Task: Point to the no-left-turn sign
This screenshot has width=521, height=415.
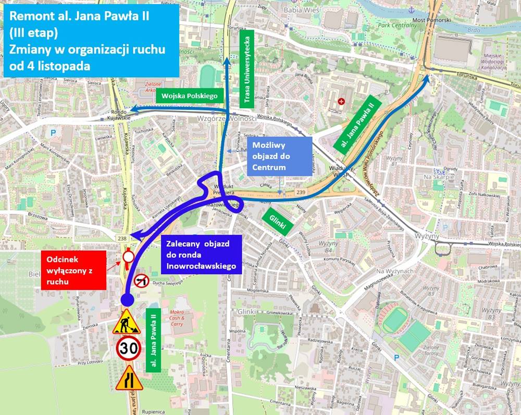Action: point(142,282)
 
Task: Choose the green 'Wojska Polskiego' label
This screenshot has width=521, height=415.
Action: point(190,96)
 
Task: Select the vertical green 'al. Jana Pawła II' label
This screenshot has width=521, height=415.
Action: point(153,339)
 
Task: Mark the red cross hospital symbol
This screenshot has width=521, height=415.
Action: point(341,100)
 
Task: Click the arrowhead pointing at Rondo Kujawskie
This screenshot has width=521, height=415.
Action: point(133,109)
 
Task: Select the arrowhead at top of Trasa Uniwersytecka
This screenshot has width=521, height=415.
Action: point(227,62)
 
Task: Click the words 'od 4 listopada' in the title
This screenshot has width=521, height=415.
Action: point(49,66)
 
